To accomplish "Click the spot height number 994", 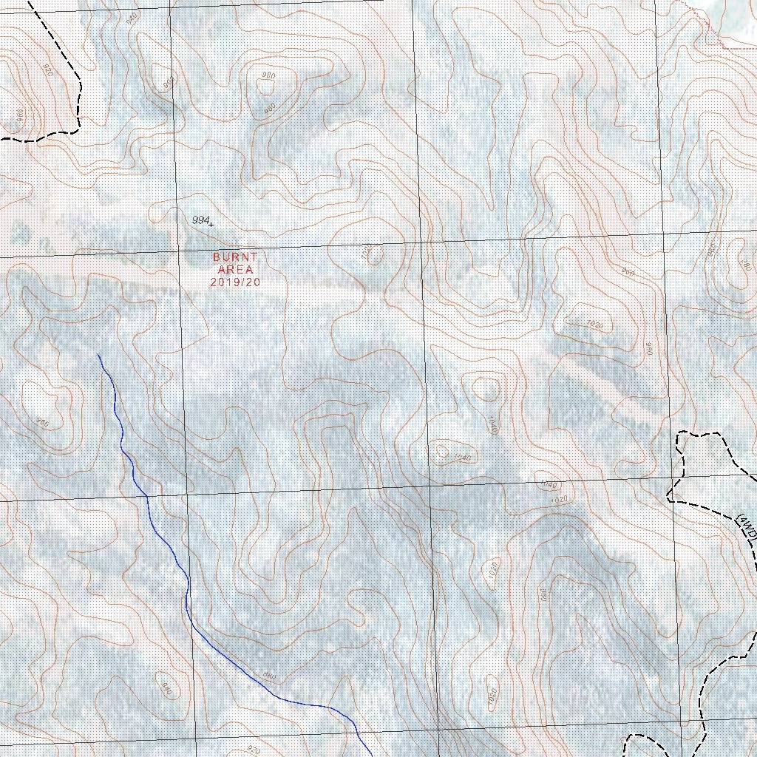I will click(x=200, y=220).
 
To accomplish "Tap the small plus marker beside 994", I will click(x=211, y=223).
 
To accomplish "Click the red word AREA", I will click(x=234, y=270).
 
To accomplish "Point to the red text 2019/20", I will click(x=235, y=282).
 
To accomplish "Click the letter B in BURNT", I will click(x=217, y=257).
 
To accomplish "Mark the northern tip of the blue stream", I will click(x=98, y=355).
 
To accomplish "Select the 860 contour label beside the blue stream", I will click(x=268, y=676).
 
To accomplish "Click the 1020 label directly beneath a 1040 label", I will click(x=560, y=500).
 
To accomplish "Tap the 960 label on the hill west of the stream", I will click(x=42, y=423).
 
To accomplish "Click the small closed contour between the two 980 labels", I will click(x=264, y=85).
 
